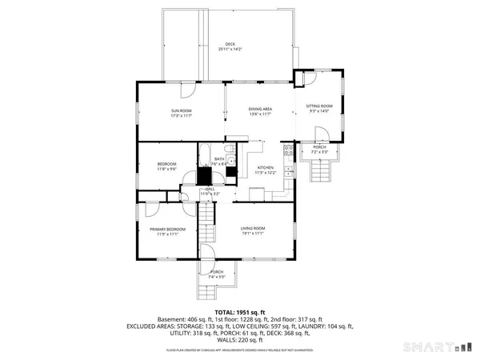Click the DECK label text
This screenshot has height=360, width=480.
[230, 44]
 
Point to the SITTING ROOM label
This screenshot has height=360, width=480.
[318, 106]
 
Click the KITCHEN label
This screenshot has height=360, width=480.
[265, 168]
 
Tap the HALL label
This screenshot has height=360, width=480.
[209, 190]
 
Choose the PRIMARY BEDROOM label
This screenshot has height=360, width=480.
[167, 230]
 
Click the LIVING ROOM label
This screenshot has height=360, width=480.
[253, 229]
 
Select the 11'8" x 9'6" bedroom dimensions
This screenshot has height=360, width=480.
[166, 169]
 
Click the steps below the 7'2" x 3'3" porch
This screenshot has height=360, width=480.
[320, 170]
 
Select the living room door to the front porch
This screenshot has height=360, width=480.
[207, 253]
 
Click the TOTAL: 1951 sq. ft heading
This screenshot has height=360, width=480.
[239, 311]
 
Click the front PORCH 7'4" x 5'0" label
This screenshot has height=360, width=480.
[217, 274]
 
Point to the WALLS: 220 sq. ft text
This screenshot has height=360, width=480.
[239, 339]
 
